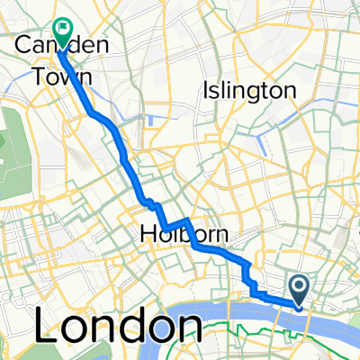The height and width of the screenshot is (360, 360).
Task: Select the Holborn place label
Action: click(184, 236)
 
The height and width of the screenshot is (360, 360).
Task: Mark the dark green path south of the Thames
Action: click(270, 346)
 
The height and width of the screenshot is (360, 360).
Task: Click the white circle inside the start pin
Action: click(299, 284)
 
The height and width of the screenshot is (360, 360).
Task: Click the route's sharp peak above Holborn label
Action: click(186, 220)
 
